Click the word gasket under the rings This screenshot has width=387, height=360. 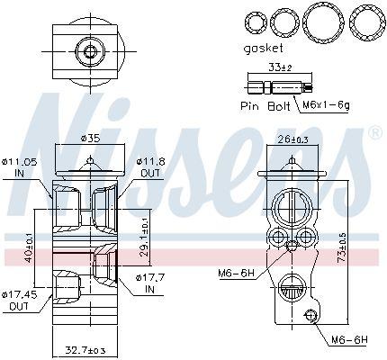263,48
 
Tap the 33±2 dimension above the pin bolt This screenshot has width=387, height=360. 280,67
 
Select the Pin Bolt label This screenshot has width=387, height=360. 265,106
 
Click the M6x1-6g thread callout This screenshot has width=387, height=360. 326,105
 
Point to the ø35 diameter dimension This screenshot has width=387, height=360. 90,138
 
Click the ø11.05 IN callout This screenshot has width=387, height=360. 19,167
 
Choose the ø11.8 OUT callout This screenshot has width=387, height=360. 150,167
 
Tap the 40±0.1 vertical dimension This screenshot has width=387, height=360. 29,248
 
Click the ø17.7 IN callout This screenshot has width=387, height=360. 150,283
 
